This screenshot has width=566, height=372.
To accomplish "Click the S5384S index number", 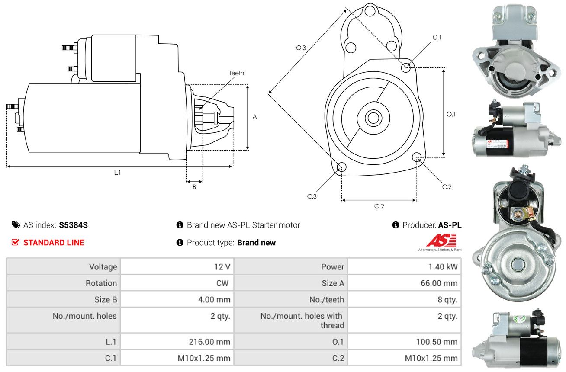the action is [73, 225].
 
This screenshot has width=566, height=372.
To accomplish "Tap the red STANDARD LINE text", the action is [54, 242].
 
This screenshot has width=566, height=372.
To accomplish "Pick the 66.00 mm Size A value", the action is [439, 283].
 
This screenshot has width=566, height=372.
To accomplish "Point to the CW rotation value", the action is [222, 283].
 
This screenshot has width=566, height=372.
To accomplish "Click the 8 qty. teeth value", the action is [447, 299].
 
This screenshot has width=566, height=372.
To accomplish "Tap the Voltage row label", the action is [103, 267].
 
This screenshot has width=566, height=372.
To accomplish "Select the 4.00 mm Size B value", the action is [214, 299].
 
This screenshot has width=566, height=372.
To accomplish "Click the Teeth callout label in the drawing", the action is [236, 73].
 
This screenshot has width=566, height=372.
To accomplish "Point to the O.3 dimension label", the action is [301, 48].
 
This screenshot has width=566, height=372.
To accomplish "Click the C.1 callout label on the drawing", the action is [437, 37].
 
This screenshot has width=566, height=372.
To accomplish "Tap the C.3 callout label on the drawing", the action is [312, 196].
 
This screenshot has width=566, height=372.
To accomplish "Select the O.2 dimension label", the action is [379, 206].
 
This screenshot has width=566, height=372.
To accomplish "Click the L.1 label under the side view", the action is [118, 173].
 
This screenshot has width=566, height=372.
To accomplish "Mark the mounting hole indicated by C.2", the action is [417, 157].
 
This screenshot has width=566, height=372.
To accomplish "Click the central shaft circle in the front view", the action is [373, 118].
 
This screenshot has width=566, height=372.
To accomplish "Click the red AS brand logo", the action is [441, 240].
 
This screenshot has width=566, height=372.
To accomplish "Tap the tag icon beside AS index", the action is [16, 225].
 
